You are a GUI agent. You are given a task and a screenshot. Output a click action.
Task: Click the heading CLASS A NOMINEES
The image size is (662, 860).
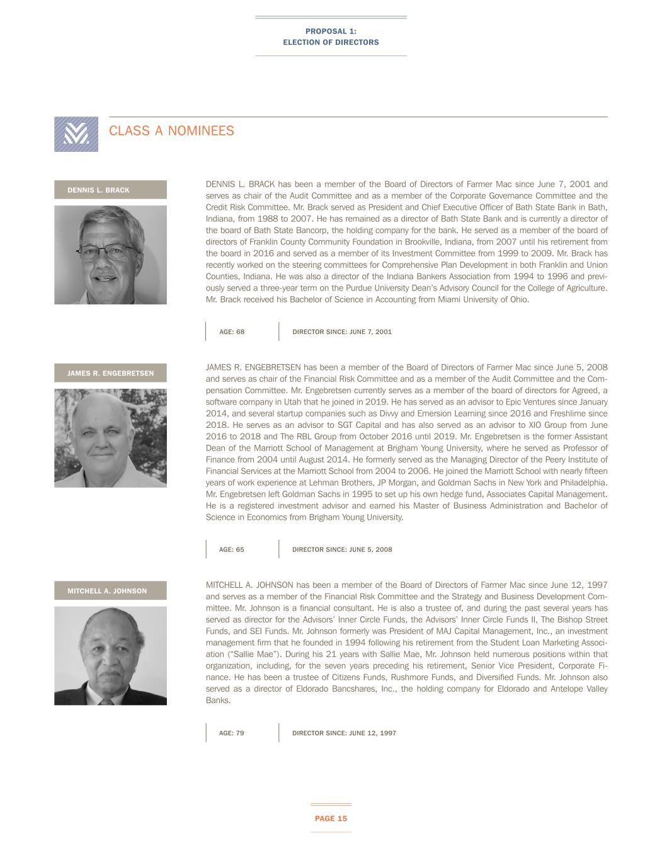(x=171, y=131)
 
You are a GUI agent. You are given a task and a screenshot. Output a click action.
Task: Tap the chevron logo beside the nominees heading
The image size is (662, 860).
(x=76, y=134)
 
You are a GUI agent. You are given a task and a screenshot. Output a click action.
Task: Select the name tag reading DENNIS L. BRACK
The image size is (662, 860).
(x=110, y=190)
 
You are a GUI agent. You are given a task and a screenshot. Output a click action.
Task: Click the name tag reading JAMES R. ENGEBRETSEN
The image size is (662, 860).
(x=110, y=373)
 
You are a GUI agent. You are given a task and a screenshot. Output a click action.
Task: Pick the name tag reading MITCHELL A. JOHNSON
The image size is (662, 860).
(x=110, y=591)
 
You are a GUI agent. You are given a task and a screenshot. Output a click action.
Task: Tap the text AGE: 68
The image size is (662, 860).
(x=232, y=331)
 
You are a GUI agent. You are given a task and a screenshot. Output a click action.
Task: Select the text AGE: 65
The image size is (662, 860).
(x=231, y=549)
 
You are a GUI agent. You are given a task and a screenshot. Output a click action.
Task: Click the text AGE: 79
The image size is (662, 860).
(x=231, y=733)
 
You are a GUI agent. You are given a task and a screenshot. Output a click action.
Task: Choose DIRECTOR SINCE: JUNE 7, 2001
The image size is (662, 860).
(x=342, y=331)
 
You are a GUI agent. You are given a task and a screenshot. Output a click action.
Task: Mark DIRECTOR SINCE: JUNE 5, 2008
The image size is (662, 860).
(x=342, y=549)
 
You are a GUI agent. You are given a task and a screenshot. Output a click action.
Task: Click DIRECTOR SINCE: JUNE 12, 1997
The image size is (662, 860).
(x=344, y=733)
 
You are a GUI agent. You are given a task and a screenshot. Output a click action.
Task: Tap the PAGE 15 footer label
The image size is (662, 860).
(x=331, y=818)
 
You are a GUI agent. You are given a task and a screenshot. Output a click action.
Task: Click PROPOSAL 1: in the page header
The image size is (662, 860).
(x=331, y=32)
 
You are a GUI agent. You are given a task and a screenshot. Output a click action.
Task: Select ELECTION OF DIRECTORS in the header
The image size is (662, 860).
(x=331, y=42)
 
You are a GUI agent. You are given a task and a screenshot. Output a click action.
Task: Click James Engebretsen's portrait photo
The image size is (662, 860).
(x=110, y=438)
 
